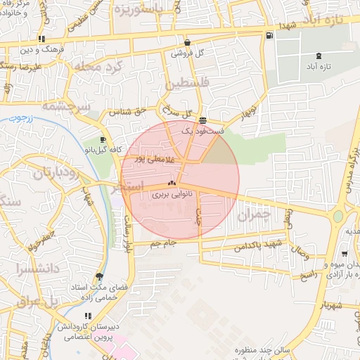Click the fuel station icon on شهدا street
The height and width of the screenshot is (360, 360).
[x=271, y=36]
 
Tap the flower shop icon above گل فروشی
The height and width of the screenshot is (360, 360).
[x=187, y=42]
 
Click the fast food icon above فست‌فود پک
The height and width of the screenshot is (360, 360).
[x=202, y=120]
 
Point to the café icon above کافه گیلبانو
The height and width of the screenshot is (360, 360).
[x=103, y=139]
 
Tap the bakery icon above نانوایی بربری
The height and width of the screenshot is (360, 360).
[x=172, y=184]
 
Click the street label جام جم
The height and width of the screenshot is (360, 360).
[x=162, y=243]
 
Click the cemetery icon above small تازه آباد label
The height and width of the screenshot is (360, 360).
[x=320, y=55]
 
